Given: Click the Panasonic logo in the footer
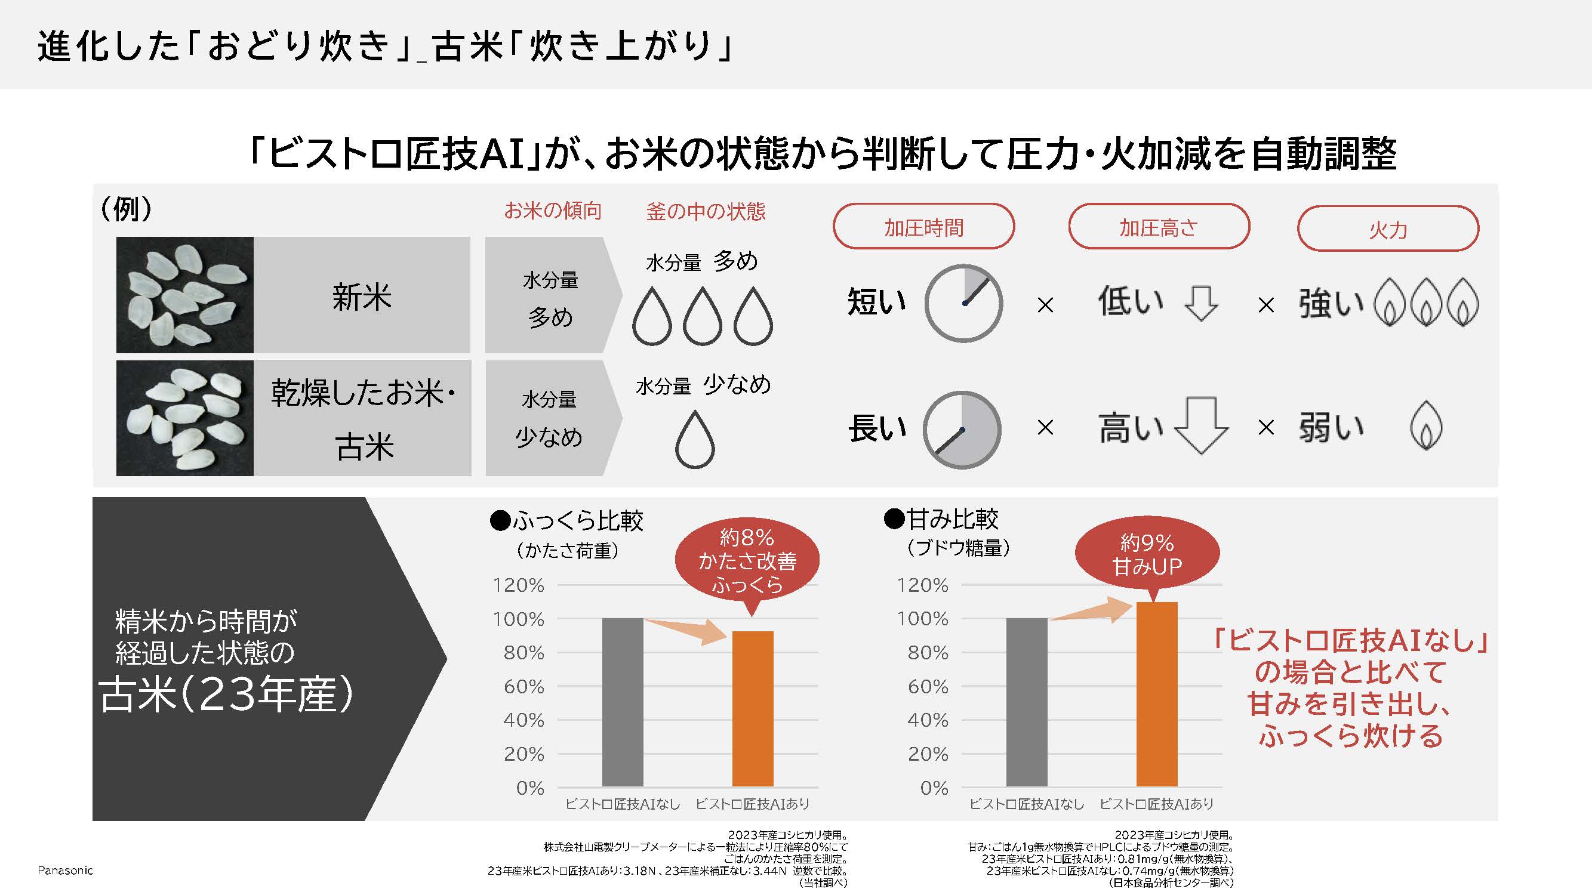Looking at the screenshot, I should (x=65, y=871).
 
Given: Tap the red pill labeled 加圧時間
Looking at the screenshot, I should (x=923, y=227).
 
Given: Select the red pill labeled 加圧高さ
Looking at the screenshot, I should (x=1158, y=227).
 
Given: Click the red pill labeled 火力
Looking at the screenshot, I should (x=1387, y=229).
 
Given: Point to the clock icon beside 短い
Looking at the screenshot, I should (x=963, y=303).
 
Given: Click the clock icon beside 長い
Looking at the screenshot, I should (x=962, y=429).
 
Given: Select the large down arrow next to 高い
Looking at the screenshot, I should (x=1200, y=425).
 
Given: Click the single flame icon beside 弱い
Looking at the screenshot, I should (x=1425, y=425).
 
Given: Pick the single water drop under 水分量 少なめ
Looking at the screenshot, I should (x=695, y=439).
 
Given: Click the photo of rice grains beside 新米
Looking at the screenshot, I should (x=185, y=295).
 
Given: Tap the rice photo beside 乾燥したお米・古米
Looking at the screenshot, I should (x=185, y=418).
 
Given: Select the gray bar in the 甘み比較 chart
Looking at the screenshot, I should (x=1027, y=702).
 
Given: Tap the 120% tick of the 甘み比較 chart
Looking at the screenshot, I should (x=922, y=585).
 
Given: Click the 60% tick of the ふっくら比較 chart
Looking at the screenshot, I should (x=524, y=686).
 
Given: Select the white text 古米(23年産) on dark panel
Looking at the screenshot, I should (x=226, y=695).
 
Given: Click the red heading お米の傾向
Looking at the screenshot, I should (x=553, y=211).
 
